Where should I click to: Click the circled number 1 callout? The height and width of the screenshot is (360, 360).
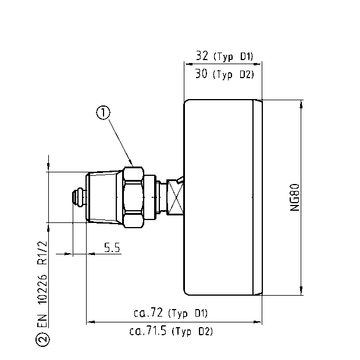103,113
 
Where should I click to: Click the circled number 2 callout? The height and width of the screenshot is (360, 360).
43,340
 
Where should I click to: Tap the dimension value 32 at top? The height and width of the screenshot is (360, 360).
202,56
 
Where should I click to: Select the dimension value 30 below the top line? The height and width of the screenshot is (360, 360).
202,74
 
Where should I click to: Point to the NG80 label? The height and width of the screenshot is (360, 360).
294,197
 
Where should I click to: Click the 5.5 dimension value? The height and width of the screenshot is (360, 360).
112,248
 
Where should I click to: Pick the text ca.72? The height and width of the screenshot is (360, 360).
148,313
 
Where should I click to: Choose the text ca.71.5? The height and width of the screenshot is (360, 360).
148,331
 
